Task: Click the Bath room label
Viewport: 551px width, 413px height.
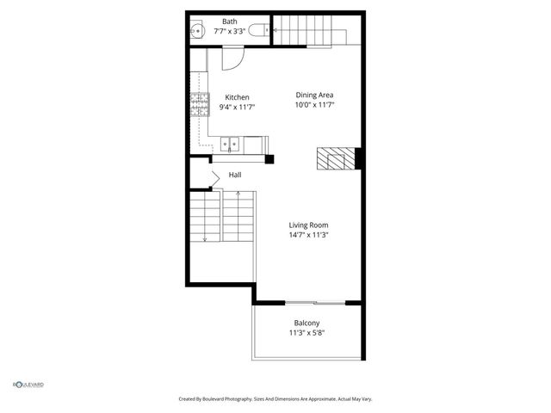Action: pyautogui.click(x=230, y=22)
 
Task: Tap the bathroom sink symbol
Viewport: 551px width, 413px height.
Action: pyautogui.click(x=197, y=32)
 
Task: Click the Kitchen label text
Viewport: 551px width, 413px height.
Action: pyautogui.click(x=238, y=97)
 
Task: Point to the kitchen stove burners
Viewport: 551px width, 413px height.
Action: pyautogui.click(x=200, y=107)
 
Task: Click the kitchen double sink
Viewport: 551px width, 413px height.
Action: pyautogui.click(x=229, y=145)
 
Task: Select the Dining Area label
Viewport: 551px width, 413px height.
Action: pyautogui.click(x=314, y=95)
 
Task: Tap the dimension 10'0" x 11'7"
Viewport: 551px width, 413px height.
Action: pyautogui.click(x=314, y=105)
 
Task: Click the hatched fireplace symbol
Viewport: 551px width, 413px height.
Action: pyautogui.click(x=336, y=158)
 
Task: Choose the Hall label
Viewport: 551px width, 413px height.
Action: pyautogui.click(x=235, y=175)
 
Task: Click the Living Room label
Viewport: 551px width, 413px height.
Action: pyautogui.click(x=308, y=225)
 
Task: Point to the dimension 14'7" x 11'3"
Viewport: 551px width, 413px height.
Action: pyautogui.click(x=308, y=235)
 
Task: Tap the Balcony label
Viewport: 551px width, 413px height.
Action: pyautogui.click(x=306, y=323)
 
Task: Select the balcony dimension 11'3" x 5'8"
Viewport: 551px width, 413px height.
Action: pyautogui.click(x=306, y=333)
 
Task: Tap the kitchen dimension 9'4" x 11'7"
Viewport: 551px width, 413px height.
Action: pyautogui.click(x=238, y=108)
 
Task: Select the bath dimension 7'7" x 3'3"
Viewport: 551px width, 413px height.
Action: pyautogui.click(x=230, y=32)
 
